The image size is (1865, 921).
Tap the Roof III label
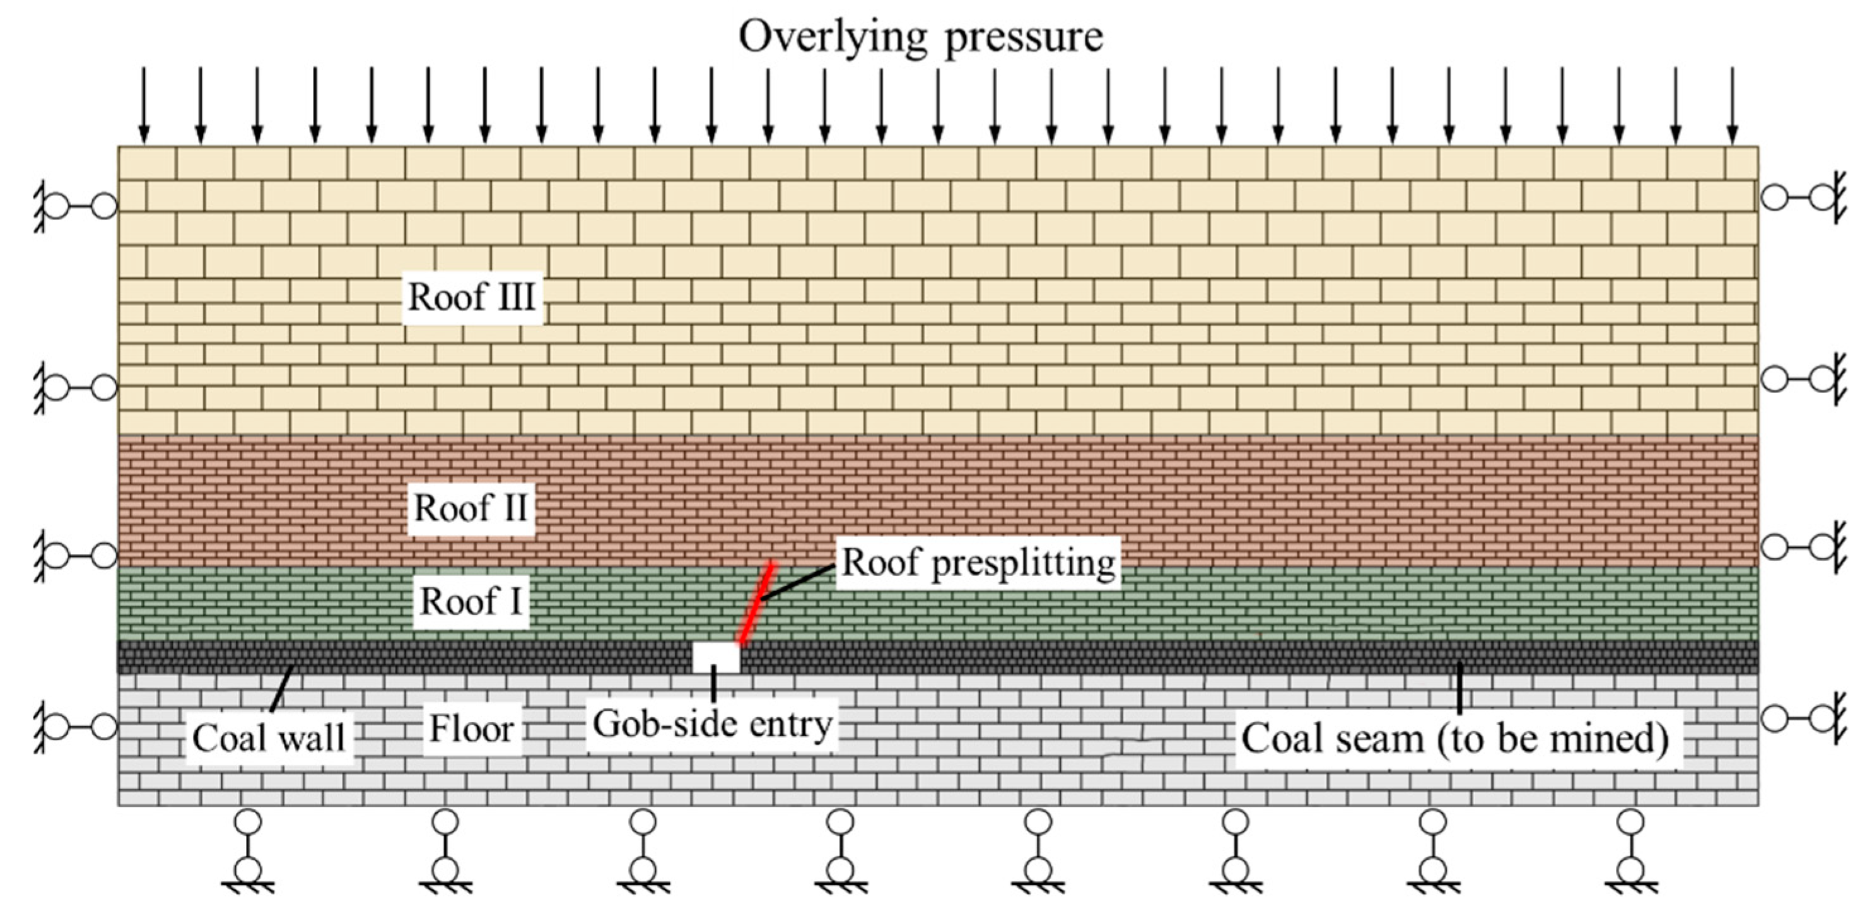pos(471,297)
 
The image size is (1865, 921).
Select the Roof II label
pos(471,508)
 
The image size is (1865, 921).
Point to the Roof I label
pos(471,602)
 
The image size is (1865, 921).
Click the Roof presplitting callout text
pos(978,563)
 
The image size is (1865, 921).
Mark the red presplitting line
pos(756,602)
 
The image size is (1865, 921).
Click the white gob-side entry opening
pos(716,657)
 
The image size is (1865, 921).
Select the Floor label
pos(471,729)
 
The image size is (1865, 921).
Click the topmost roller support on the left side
pos(76,206)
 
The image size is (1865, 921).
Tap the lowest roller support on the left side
pos(76,726)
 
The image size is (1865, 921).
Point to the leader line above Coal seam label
pos(1459,687)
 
